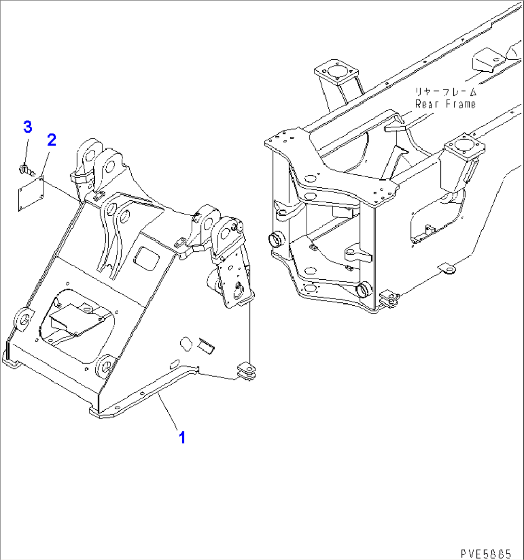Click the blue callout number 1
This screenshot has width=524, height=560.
[182, 438]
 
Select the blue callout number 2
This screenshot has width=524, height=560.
[52, 140]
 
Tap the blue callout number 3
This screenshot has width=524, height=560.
[28, 127]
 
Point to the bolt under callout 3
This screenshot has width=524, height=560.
[26, 169]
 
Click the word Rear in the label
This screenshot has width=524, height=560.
[427, 104]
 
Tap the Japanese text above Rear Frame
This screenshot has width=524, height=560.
[446, 92]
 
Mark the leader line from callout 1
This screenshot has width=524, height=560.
[168, 411]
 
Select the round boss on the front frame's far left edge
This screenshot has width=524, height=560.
[24, 320]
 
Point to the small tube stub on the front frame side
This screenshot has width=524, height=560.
[206, 345]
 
